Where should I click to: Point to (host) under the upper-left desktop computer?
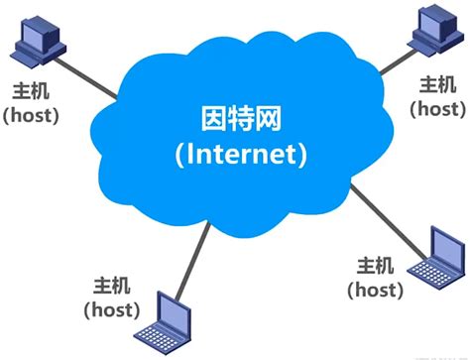32,115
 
